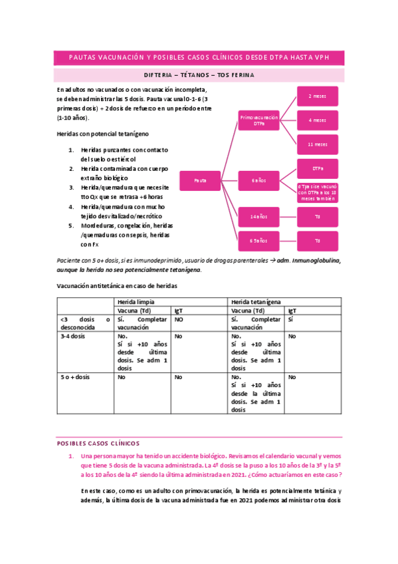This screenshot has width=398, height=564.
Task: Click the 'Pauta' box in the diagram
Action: (200, 180)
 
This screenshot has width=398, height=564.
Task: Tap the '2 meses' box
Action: (317, 96)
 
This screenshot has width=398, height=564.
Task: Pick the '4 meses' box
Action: (317, 120)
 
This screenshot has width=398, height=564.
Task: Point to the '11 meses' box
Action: (317, 144)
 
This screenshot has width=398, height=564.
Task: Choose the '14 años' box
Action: (258, 217)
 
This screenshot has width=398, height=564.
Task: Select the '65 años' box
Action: (258, 240)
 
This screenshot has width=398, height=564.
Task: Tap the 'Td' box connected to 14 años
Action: (317, 217)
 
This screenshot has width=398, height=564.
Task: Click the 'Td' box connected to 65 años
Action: (317, 240)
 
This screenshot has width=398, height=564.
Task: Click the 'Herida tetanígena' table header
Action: (255, 302)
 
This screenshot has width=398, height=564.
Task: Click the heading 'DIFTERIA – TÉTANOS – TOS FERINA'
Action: (199, 75)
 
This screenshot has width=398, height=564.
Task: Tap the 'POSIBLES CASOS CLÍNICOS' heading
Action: (98, 443)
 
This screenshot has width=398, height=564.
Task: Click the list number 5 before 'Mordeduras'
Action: (72, 225)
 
